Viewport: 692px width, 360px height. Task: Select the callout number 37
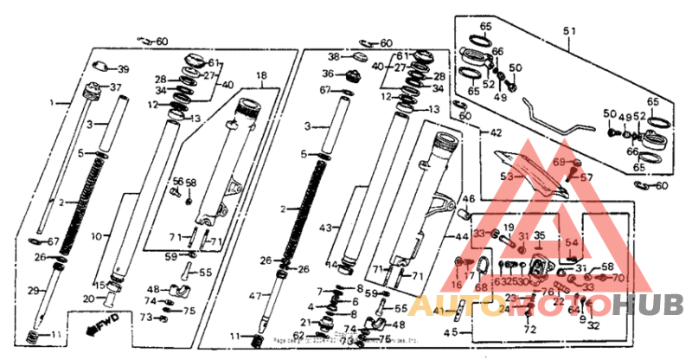point(116,88)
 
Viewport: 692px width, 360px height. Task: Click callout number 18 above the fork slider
point(261,76)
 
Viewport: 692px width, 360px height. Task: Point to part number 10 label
point(96,235)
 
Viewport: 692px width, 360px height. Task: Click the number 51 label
point(568,32)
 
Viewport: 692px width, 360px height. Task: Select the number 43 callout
point(324,228)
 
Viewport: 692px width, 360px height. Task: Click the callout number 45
point(450,331)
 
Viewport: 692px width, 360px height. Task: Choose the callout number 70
point(618,278)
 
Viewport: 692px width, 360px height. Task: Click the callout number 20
point(88,299)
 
